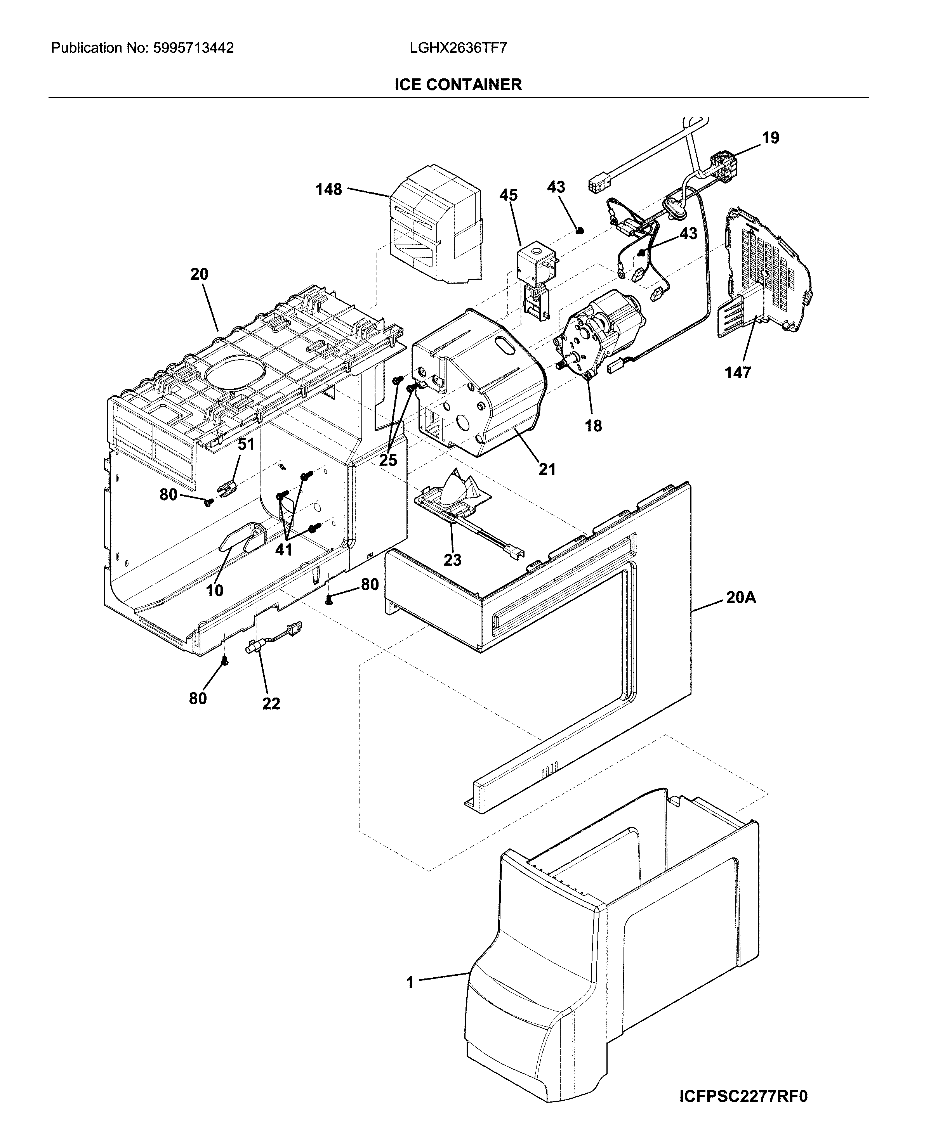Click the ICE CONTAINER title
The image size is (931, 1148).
[458, 85]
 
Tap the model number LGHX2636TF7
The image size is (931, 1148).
[458, 48]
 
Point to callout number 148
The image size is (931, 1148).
[328, 189]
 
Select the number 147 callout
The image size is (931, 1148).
[738, 372]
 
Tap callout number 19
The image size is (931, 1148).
[770, 138]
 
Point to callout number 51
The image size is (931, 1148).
[246, 444]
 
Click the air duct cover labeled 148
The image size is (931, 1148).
[434, 225]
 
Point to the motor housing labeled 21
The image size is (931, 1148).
[477, 386]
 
